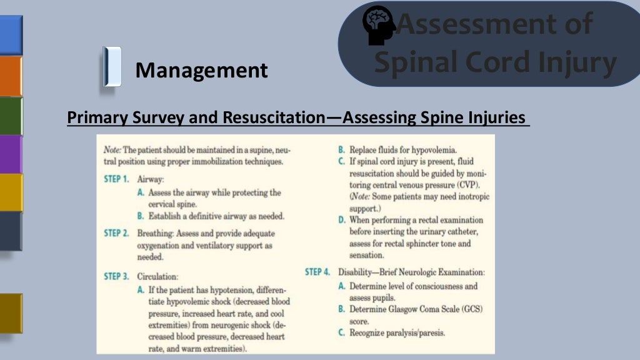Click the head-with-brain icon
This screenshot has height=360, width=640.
(379, 25)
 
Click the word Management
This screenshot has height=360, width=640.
(201, 70)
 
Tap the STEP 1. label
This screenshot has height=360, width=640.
(117, 179)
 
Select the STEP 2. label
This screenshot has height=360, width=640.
(117, 233)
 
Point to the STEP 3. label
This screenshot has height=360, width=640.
(117, 276)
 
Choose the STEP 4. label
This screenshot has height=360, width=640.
(317, 272)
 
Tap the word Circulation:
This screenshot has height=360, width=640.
(157, 276)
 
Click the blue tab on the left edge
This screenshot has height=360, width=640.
(11, 35)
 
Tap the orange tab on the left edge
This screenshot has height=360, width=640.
(11, 76)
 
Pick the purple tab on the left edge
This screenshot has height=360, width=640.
(11, 154)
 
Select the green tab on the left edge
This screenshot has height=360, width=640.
(11, 115)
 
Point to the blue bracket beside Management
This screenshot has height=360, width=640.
(112, 66)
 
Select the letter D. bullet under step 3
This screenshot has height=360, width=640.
(342, 221)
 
